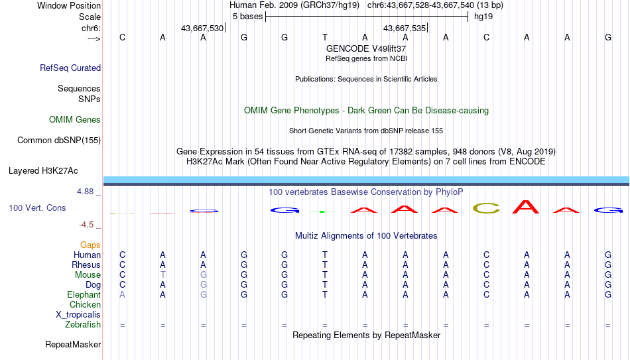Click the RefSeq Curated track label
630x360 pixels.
click(x=70, y=68)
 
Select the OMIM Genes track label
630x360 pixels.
click(x=75, y=120)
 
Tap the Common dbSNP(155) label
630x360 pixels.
click(x=59, y=141)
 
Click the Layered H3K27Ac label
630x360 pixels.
click(x=43, y=171)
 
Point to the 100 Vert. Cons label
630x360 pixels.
click(x=37, y=208)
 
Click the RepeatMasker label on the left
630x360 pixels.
click(x=73, y=344)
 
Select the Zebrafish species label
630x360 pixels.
click(x=83, y=324)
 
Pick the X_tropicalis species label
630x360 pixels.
click(x=78, y=315)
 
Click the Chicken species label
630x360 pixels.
click(x=85, y=304)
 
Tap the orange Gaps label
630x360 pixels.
click(x=90, y=245)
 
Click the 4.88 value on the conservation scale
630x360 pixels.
click(x=85, y=192)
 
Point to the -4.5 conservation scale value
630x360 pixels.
click(x=86, y=225)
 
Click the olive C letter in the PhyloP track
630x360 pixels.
click(x=487, y=208)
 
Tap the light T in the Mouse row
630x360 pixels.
click(x=162, y=275)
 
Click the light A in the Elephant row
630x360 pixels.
click(x=122, y=295)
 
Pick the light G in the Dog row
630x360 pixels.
click(x=204, y=285)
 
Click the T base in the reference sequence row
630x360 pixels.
click(x=325, y=37)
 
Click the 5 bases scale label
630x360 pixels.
click(x=247, y=17)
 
